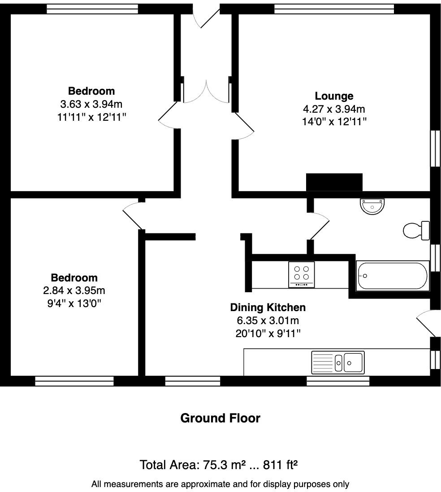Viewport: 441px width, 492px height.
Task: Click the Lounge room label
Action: click(x=334, y=96)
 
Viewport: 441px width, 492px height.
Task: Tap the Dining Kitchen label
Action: click(x=268, y=307)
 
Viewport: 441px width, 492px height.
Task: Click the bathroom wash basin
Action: click(x=372, y=206)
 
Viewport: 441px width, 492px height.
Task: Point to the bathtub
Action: click(x=392, y=276)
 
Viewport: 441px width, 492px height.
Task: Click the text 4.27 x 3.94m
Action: click(x=334, y=109)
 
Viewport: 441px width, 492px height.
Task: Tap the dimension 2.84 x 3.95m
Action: click(x=74, y=290)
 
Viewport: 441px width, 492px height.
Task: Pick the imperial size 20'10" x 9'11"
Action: click(x=268, y=333)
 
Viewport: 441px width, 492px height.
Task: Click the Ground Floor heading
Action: click(x=220, y=418)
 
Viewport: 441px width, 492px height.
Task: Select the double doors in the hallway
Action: click(x=206, y=92)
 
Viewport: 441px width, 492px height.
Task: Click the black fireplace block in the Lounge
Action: click(x=334, y=182)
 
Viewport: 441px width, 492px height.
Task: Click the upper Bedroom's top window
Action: click(x=92, y=9)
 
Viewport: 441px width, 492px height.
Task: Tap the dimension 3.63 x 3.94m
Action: click(x=91, y=104)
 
